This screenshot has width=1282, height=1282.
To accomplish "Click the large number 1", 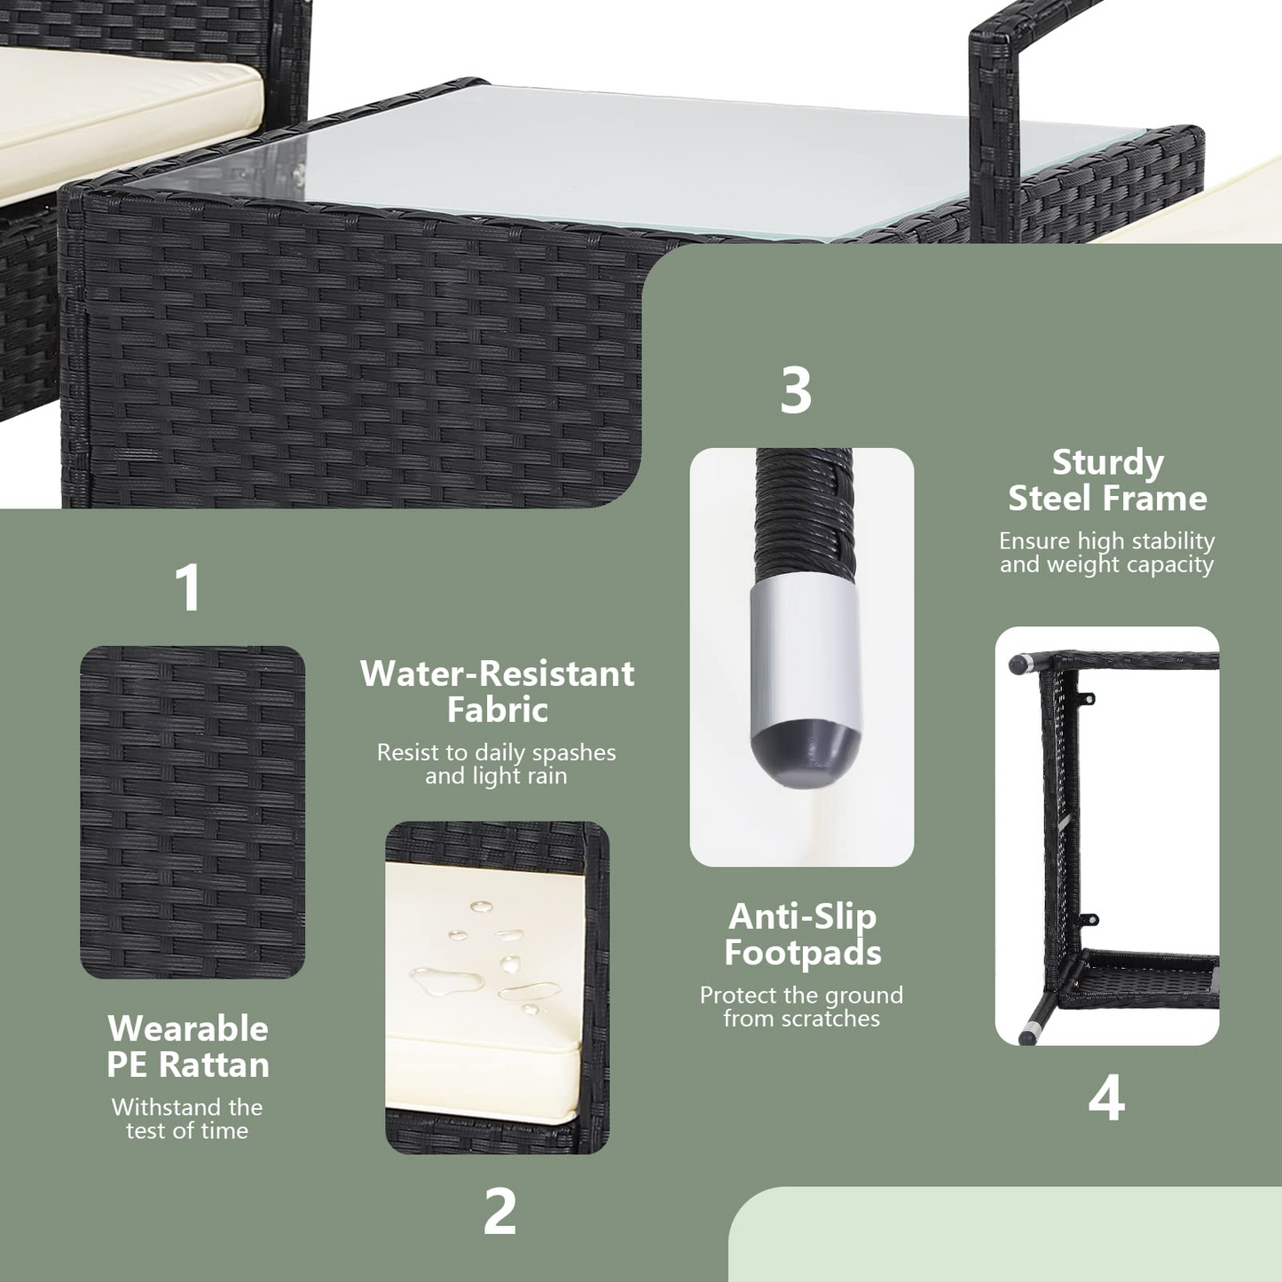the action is click(x=189, y=587).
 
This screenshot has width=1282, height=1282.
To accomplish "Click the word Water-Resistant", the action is click(x=497, y=673).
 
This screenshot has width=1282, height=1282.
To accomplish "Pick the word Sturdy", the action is click(x=1108, y=463).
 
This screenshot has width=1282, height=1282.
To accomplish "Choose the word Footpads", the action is click(x=802, y=953).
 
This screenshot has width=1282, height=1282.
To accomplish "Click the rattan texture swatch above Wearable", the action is click(x=193, y=812).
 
